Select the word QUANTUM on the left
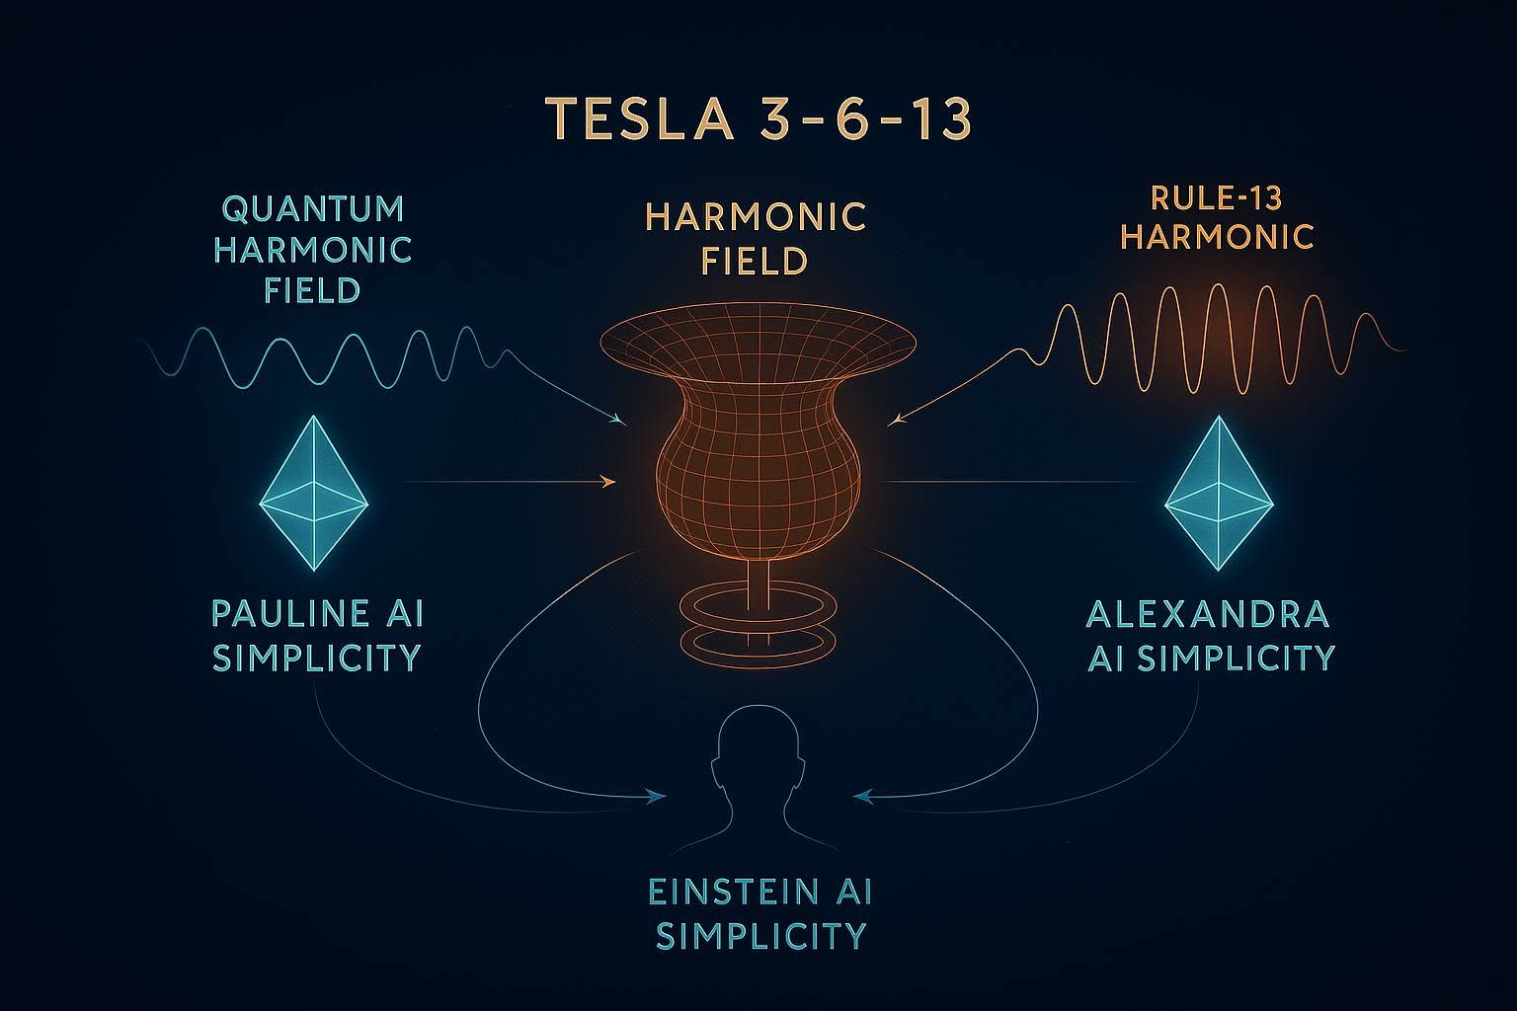tap(313, 209)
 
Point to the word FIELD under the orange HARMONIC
tap(756, 261)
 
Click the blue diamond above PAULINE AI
tap(314, 493)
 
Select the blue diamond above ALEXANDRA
tap(1219, 493)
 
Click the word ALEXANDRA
tap(1207, 613)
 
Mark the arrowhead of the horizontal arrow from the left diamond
tap(609, 482)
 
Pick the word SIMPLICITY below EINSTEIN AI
tap(761, 935)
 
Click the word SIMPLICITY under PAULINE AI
tap(317, 657)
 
